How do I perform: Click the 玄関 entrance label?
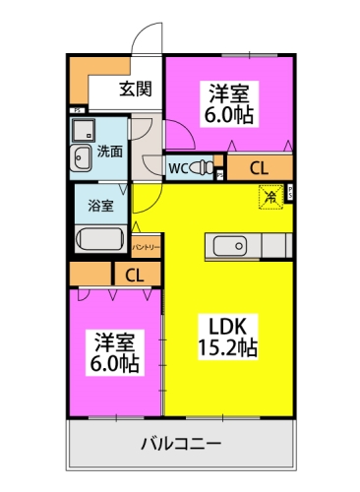pos(136,90)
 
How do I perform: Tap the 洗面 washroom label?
pos(109,151)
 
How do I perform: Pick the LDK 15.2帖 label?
pos(231,334)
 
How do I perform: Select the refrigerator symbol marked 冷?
pos(268,197)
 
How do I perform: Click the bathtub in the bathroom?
pos(101,241)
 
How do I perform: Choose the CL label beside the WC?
pos(259,167)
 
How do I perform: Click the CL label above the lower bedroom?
pos(132,275)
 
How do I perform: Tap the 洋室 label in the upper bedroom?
pos(228,93)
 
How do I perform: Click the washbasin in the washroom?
pos(82,154)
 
